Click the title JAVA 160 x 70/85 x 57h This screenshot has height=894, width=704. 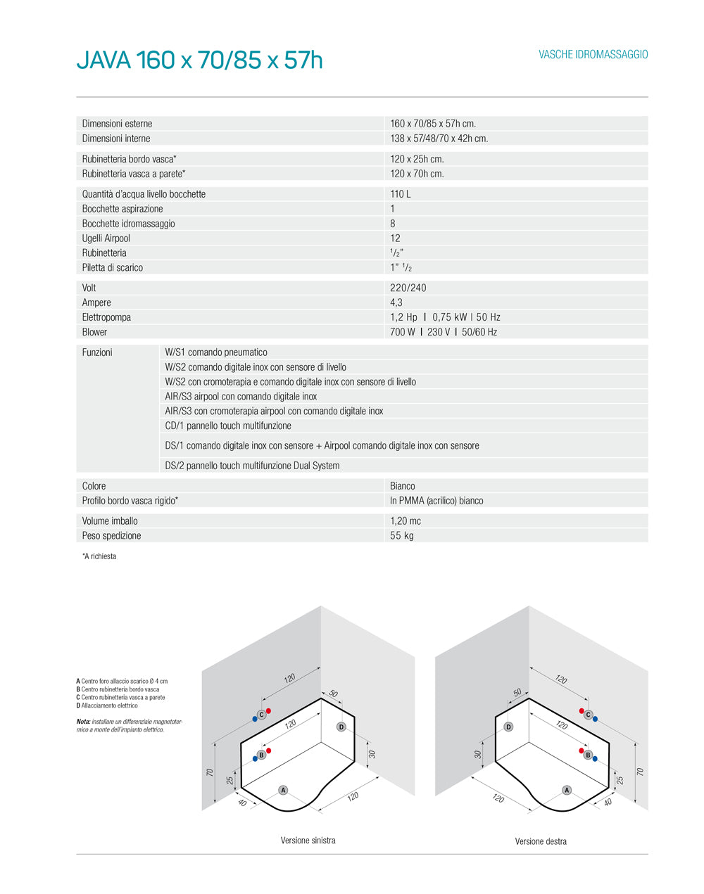click(x=199, y=60)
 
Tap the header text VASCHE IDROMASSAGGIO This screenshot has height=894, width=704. click(x=593, y=55)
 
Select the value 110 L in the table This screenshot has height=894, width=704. click(x=401, y=194)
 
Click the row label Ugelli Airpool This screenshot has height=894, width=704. click(x=106, y=238)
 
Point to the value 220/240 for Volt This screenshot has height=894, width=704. click(x=408, y=288)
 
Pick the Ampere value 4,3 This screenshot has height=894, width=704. click(x=396, y=302)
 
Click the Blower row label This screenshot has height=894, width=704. click(x=95, y=332)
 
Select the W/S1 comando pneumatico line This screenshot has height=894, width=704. click(x=216, y=352)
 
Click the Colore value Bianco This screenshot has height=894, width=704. click(x=403, y=486)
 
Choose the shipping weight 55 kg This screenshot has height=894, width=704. click(x=402, y=536)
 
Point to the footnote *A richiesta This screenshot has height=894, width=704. click(x=99, y=556)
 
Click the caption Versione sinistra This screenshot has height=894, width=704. click(x=308, y=841)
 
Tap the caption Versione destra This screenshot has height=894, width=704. click(x=541, y=841)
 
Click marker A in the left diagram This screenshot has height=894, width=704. click(x=284, y=790)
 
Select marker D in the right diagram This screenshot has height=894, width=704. click(x=508, y=727)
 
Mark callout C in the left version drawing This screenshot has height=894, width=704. click(x=261, y=715)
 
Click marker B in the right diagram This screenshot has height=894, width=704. click(x=588, y=755)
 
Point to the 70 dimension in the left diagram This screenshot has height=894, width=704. click(x=210, y=772)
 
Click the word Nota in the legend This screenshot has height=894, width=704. click(x=83, y=722)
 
